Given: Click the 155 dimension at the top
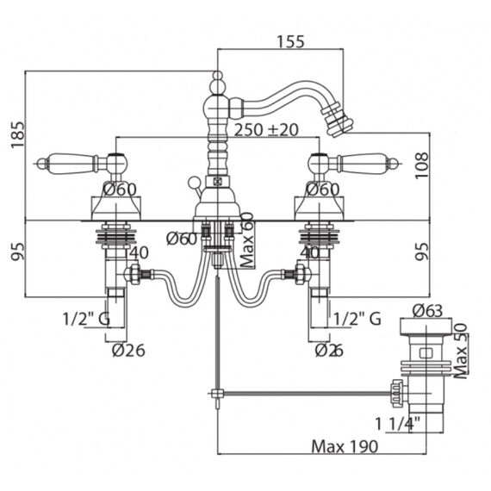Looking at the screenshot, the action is [x=290, y=41].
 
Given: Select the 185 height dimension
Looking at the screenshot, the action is [x=17, y=134].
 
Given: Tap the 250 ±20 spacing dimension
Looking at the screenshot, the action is [x=266, y=129].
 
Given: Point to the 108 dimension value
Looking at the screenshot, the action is [x=421, y=165].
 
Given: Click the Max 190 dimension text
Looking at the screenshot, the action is [x=345, y=446].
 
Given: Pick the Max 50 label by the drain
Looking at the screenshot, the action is [x=460, y=351].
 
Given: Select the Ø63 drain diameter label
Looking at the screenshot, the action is [x=427, y=311].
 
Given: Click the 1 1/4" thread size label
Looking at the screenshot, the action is [x=397, y=424].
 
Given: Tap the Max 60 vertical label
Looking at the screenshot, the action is [x=247, y=240].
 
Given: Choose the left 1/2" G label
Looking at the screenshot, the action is [x=86, y=319].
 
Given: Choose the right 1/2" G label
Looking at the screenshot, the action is [x=357, y=319].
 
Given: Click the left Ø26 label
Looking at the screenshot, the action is [x=128, y=351].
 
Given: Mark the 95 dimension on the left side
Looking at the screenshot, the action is [x=17, y=252].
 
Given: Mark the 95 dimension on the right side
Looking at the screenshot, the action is [x=421, y=252].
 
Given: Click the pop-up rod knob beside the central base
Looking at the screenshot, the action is [x=193, y=183].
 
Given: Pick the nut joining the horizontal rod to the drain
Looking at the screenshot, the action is [x=397, y=392].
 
